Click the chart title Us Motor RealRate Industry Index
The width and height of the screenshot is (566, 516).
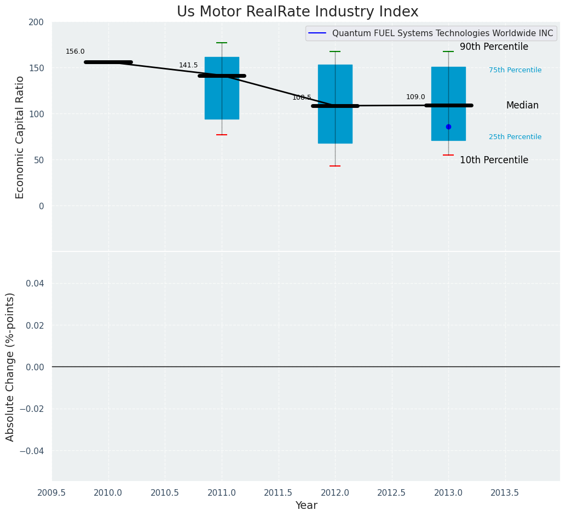(297, 12)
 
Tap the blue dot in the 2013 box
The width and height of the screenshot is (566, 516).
(448, 127)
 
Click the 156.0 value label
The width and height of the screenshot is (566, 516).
(75, 51)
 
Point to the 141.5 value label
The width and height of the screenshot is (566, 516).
(188, 65)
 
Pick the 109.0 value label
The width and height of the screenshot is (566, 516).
(415, 97)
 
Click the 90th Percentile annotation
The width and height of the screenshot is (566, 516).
(494, 47)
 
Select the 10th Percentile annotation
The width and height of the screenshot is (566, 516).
(494, 160)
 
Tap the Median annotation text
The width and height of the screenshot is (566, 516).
(522, 105)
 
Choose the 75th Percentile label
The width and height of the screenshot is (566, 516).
(515, 70)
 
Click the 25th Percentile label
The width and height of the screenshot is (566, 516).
(515, 137)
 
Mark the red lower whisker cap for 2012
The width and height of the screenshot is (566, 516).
(335, 166)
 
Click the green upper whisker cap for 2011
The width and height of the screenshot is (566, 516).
(222, 43)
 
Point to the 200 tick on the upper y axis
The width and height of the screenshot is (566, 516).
(36, 22)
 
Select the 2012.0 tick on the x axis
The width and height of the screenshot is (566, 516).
(335, 492)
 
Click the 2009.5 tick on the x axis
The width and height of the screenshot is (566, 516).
(51, 492)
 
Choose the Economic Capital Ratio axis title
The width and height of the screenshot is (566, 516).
(20, 137)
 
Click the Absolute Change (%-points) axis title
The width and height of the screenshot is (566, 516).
(10, 366)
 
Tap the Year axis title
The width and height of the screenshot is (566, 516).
(306, 506)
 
